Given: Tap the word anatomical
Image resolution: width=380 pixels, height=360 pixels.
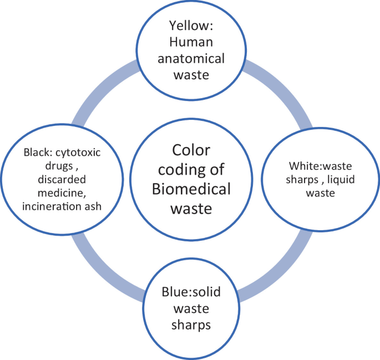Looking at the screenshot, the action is point(189,58).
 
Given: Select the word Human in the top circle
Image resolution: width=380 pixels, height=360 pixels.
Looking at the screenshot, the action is point(190,42).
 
